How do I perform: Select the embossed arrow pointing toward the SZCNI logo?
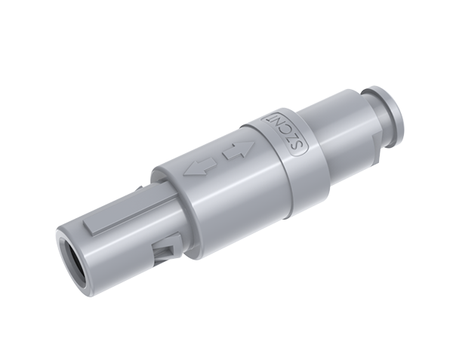tap(239, 149)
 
